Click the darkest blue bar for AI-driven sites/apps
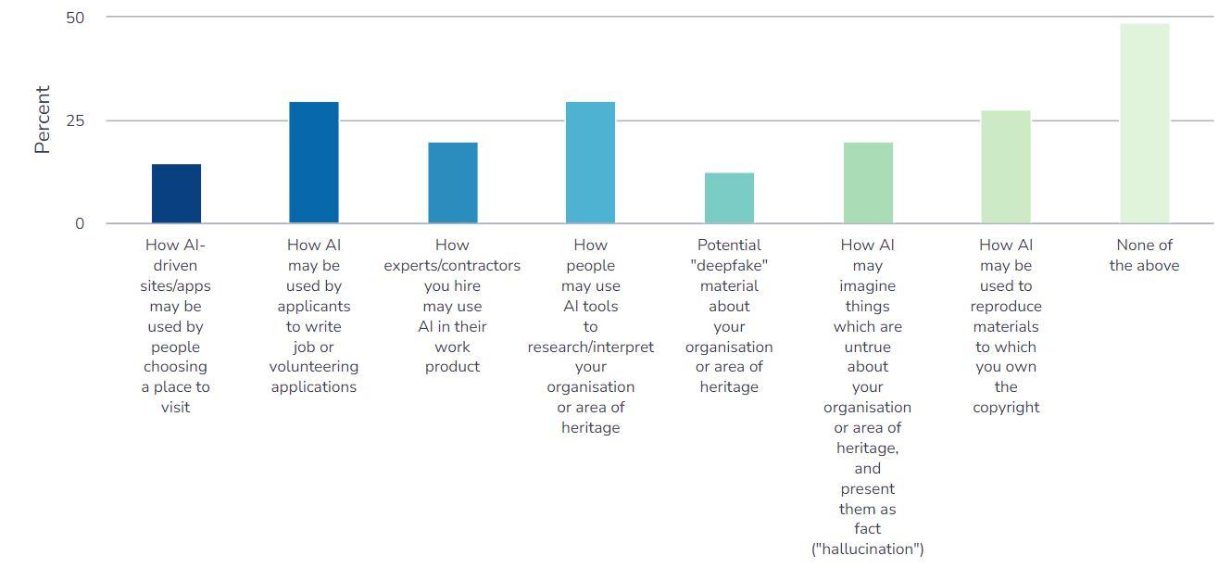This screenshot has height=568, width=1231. tap(176, 194)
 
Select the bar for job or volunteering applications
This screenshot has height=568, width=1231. tap(314, 163)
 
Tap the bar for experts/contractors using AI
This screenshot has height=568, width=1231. tap(453, 183)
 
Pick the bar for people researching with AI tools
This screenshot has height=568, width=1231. tap(590, 163)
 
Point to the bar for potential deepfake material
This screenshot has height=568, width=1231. tap(729, 198)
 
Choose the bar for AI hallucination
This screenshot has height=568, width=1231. tap(868, 183)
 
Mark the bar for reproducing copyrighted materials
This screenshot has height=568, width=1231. tap(1006, 167)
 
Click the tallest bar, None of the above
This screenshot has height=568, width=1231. tap(1144, 124)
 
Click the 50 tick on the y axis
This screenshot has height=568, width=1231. tap(74, 18)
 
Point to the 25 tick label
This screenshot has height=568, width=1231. tap(74, 120)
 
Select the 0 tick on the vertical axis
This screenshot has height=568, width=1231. tap(80, 223)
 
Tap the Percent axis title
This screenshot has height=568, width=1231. tap(43, 120)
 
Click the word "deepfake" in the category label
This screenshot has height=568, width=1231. tap(729, 266)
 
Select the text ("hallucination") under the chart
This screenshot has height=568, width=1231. tap(868, 549)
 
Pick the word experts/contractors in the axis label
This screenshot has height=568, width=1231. tap(453, 266)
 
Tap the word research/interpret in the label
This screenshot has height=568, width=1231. tap(591, 347)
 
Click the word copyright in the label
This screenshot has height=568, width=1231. tap(1006, 408)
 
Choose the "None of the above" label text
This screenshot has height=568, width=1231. tap(1144, 256)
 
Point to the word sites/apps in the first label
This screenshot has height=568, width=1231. tap(176, 286)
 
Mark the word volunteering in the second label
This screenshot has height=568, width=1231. tap(314, 367)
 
